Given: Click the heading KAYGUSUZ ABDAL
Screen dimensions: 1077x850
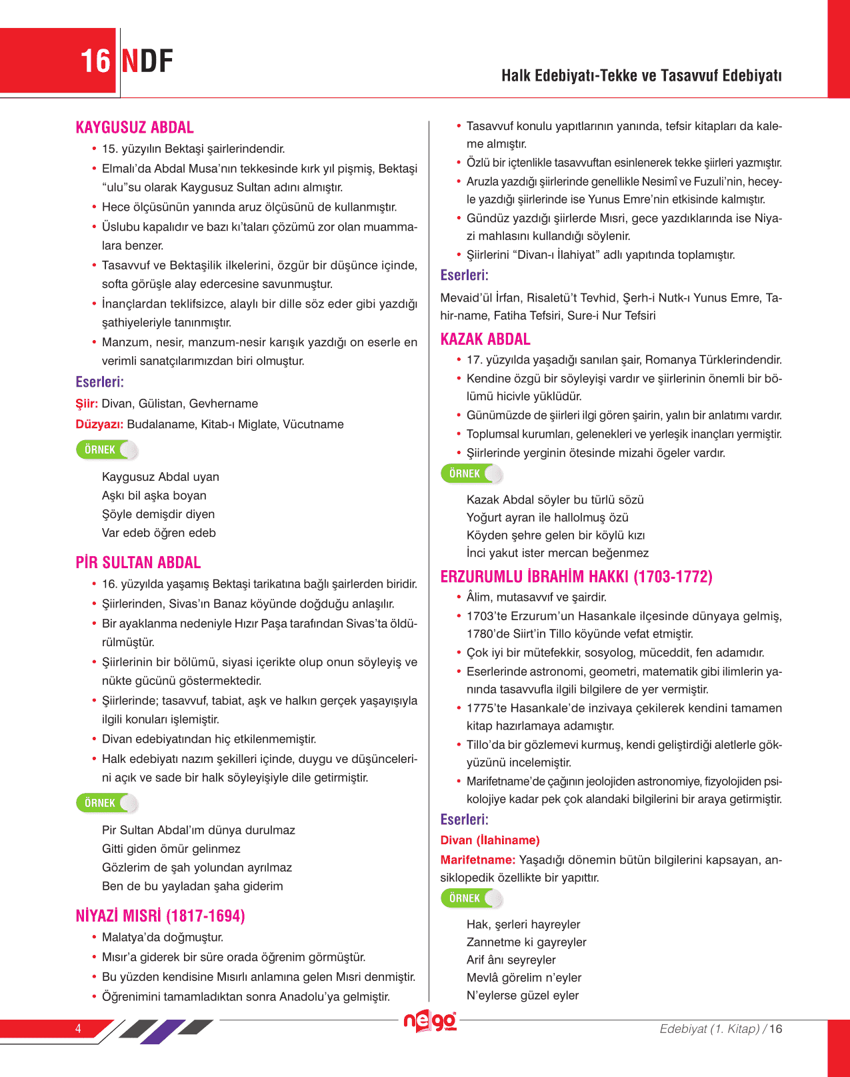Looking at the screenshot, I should (135, 127).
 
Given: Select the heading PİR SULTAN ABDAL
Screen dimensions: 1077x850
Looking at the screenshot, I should (138, 562).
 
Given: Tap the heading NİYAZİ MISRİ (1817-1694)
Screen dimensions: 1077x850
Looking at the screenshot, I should (160, 916).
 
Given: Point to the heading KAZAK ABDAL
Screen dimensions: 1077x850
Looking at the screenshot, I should (485, 339).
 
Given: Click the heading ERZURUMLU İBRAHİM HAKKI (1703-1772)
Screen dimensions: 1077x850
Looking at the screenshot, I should (576, 576).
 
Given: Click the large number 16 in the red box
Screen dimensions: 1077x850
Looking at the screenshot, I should (95, 61).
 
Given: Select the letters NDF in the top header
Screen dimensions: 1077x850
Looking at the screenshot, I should (147, 61).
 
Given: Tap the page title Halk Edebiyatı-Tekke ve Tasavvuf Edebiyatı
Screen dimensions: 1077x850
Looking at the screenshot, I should (641, 75).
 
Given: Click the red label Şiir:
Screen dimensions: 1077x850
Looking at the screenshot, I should (87, 403).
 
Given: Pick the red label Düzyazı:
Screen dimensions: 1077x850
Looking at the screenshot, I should (99, 424).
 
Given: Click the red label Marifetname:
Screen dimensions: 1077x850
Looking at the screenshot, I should (477, 860).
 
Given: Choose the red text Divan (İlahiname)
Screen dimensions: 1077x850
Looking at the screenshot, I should (489, 840).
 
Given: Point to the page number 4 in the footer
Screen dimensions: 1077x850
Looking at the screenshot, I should (78, 1028).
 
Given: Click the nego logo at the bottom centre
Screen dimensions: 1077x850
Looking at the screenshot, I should (430, 1022).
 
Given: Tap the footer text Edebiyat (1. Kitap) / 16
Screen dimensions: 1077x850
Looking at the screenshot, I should (720, 1028).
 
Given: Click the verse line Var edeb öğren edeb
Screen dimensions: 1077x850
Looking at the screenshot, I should (159, 533).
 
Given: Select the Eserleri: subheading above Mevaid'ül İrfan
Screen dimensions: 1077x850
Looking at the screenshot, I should (464, 275).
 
